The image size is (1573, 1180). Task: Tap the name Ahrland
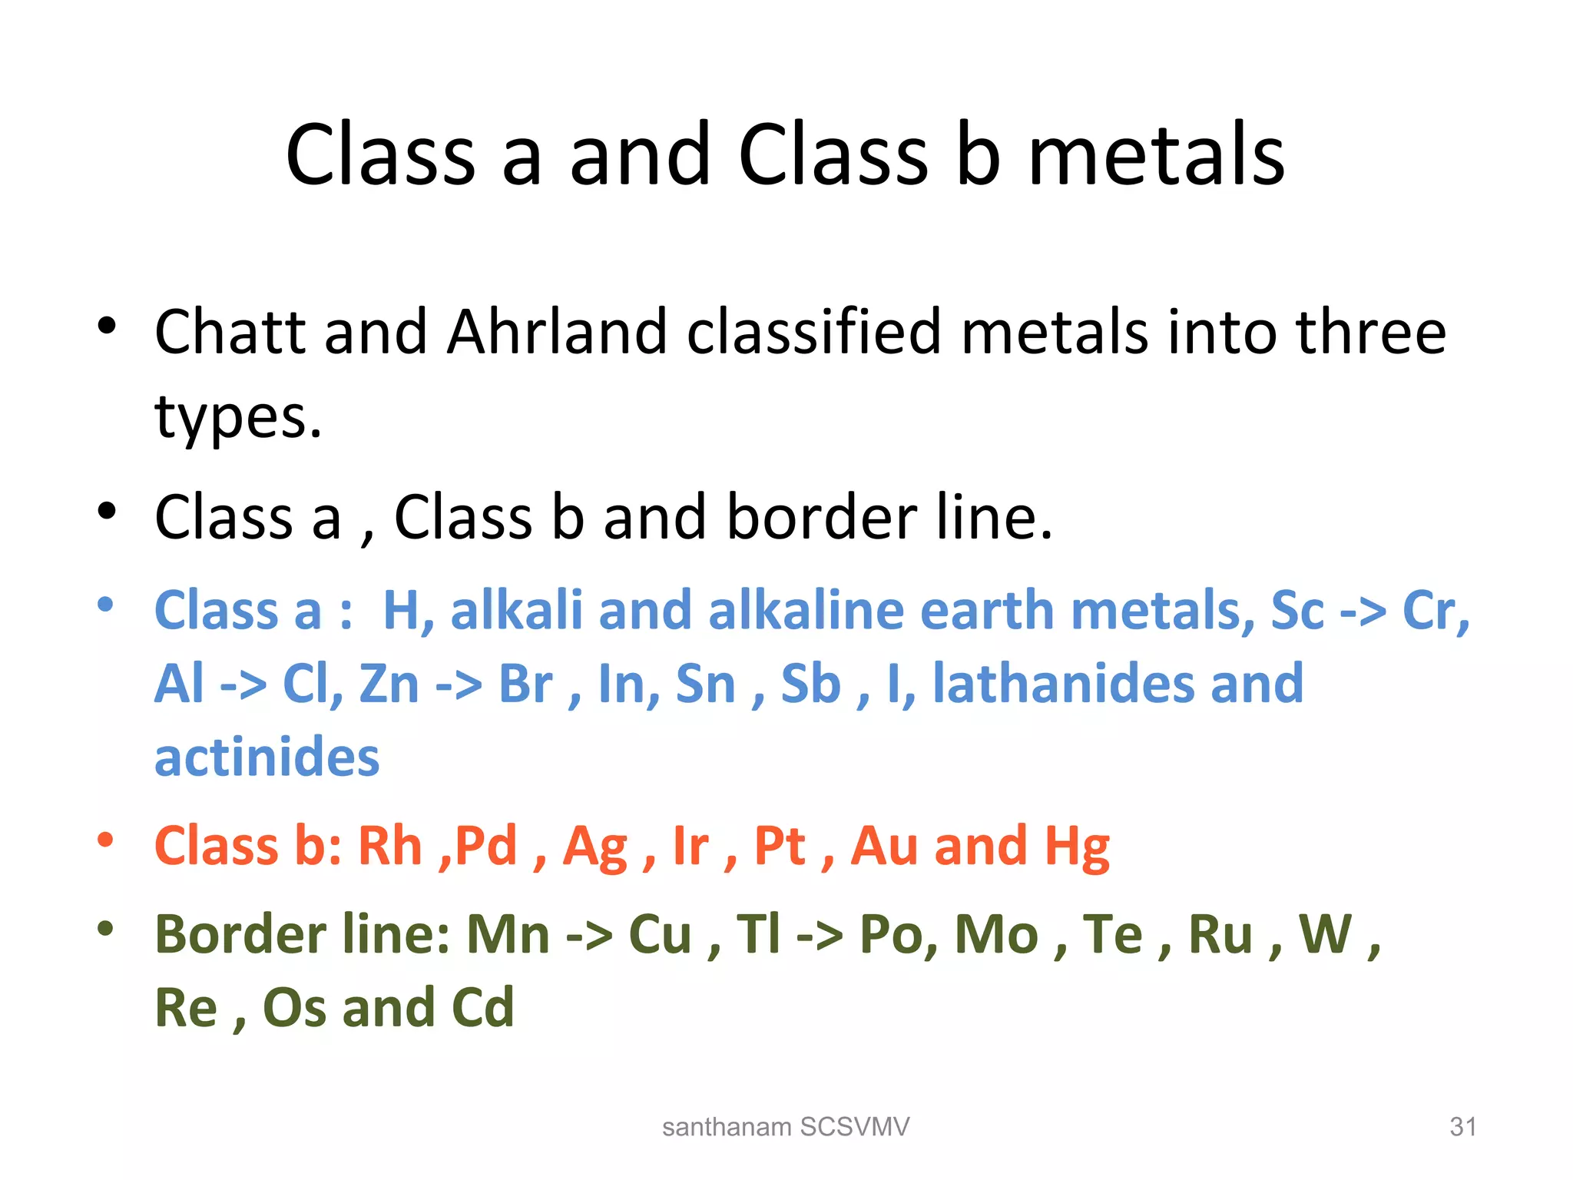[557, 332]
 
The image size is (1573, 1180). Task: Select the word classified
[813, 332]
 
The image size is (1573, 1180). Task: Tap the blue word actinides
[267, 757]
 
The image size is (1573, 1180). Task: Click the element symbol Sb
[810, 683]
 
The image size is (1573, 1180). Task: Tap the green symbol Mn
[508, 935]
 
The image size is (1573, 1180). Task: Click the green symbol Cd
[482, 1008]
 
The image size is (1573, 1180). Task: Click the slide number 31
[1462, 1127]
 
